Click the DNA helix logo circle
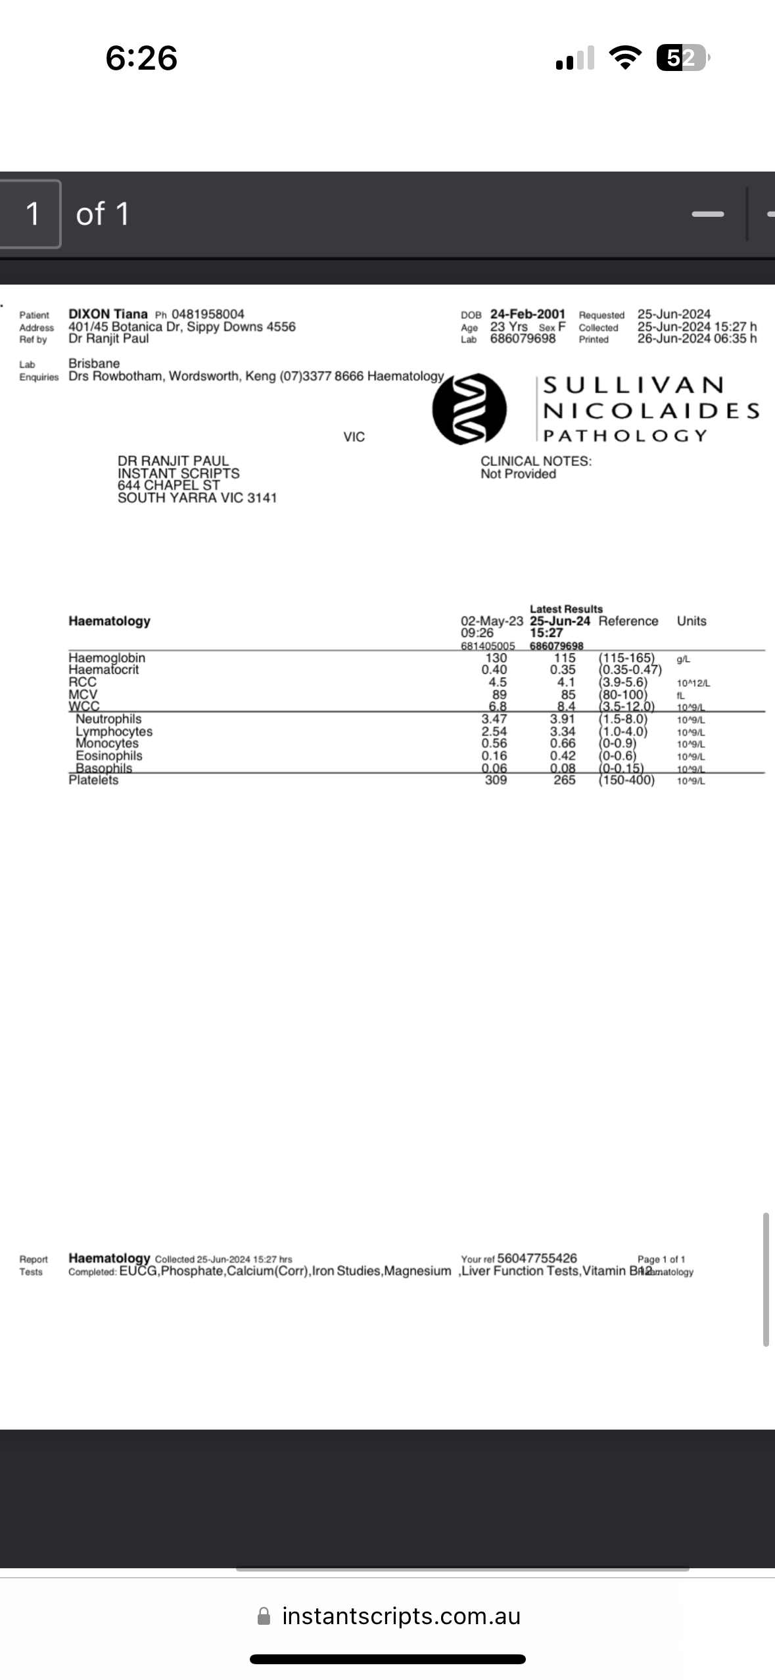(469, 409)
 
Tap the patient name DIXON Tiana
(108, 314)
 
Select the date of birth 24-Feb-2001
(527, 314)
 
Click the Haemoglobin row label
(106, 658)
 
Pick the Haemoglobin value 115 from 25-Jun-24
(564, 658)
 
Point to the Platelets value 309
(496, 780)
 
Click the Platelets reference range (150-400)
(626, 780)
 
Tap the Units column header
(692, 621)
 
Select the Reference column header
(628, 621)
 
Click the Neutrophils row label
(108, 719)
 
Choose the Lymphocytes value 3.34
(563, 732)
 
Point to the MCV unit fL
(681, 695)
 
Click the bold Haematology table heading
(109, 621)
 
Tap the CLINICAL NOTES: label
(536, 461)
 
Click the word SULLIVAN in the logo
(634, 385)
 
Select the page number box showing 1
(32, 214)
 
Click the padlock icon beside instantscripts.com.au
(264, 1616)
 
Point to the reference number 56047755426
(537, 1258)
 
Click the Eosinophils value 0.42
(563, 756)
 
